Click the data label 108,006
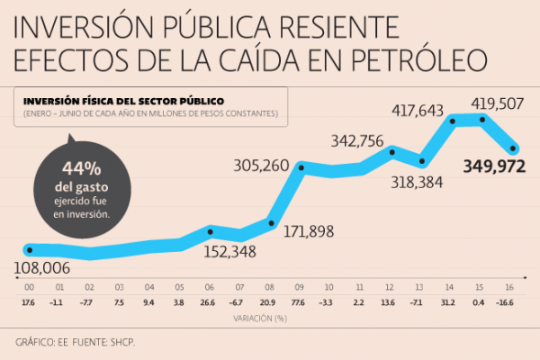click(44, 267)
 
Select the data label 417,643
click(418, 111)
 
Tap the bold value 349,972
click(493, 166)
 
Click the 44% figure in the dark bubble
click(81, 168)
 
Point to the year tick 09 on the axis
click(299, 285)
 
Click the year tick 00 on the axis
click(30, 285)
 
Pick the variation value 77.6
click(299, 302)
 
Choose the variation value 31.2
click(449, 302)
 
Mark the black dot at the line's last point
click(514, 148)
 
